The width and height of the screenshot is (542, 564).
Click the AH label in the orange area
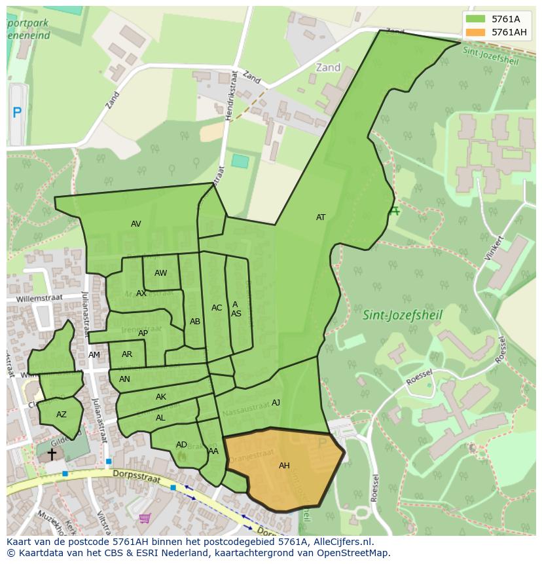click(x=284, y=466)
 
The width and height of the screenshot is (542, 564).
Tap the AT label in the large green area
click(x=321, y=217)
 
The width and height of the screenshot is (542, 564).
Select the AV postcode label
click(x=135, y=224)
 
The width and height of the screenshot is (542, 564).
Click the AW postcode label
click(x=160, y=273)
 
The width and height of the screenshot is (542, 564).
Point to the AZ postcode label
click(x=61, y=415)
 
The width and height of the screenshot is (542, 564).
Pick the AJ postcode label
click(x=276, y=403)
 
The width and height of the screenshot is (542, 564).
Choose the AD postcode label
click(x=181, y=445)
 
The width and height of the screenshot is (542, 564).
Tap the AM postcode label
click(x=94, y=355)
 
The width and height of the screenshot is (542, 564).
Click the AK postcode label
click(x=160, y=397)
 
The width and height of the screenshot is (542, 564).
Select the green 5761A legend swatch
click(x=476, y=19)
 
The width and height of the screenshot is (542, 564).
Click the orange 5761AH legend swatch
click(x=476, y=32)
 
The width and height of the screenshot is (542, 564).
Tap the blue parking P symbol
click(x=17, y=113)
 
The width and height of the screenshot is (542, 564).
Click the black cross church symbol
click(x=52, y=453)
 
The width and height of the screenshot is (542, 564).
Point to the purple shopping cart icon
click(x=145, y=517)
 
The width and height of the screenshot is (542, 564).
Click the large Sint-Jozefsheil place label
click(x=403, y=315)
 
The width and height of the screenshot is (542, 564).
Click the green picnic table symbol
click(x=394, y=211)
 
